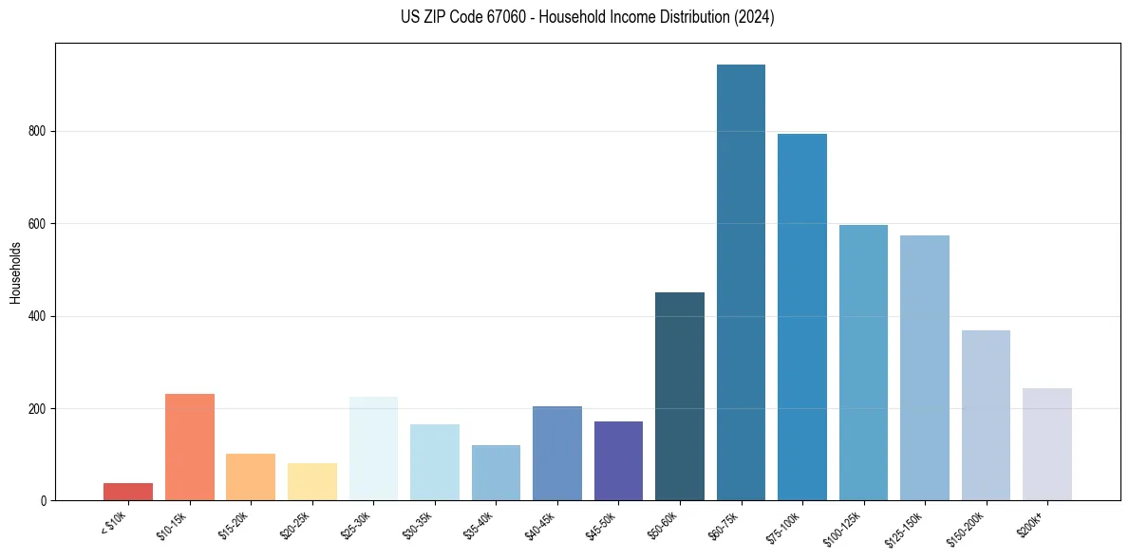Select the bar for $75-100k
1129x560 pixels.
click(802, 317)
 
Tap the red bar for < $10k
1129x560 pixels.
click(128, 492)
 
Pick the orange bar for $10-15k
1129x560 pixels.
click(190, 447)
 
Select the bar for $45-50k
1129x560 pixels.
click(618, 461)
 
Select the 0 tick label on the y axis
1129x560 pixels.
click(44, 501)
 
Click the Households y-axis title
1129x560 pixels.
click(15, 272)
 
